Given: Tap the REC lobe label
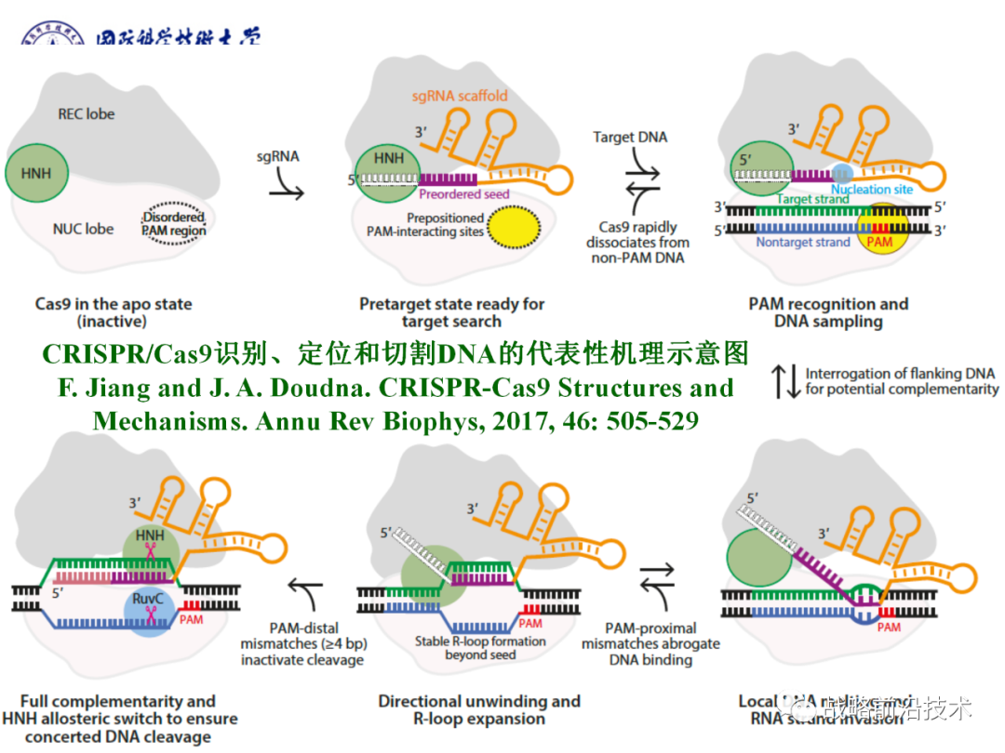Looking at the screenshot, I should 87,114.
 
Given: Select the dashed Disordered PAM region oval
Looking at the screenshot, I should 174,224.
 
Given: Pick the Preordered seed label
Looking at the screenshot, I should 463,195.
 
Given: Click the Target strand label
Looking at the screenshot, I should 812,198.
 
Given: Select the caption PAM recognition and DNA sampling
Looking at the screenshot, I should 828,312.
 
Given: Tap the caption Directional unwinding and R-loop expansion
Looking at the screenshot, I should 478,709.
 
